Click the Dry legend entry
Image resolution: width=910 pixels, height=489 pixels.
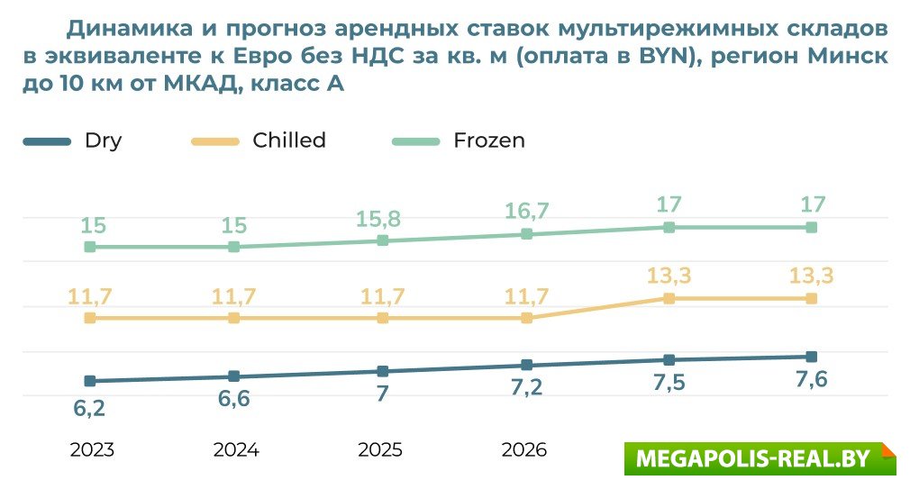tap(103, 140)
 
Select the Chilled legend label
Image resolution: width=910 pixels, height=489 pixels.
tap(288, 140)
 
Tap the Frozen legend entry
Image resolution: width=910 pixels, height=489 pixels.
tap(488, 140)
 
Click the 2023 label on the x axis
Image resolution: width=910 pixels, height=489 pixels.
tap(92, 450)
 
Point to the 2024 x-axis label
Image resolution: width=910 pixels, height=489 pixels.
tap(236, 450)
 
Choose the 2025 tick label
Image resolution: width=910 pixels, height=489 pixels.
tap(380, 450)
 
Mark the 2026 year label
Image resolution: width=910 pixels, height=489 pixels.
tap(523, 450)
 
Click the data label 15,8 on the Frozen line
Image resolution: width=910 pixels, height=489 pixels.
tap(382, 219)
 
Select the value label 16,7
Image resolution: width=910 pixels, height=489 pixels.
tap(528, 212)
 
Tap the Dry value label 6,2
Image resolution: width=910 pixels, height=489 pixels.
tap(89, 408)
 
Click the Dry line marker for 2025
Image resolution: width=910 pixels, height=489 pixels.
tap(383, 371)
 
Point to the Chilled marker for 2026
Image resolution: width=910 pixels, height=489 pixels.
tap(527, 318)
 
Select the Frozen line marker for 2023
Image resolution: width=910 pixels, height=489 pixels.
tap(90, 247)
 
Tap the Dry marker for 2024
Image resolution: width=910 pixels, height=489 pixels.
tap(234, 376)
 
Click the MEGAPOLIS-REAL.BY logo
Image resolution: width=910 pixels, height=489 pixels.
tap(760, 458)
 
